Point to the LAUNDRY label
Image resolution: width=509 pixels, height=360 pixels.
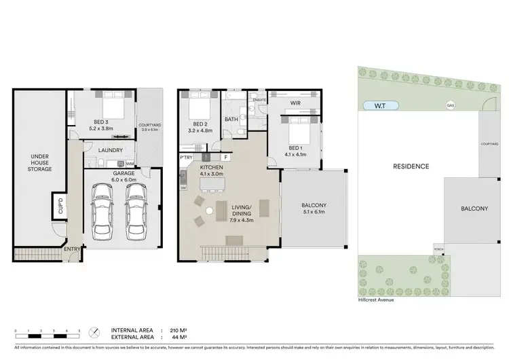[110, 150]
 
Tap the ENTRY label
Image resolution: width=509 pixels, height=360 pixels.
[73, 249]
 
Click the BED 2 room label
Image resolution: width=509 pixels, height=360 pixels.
[200, 124]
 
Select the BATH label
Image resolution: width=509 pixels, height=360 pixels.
[231, 120]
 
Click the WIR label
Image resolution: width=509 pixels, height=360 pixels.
[295, 103]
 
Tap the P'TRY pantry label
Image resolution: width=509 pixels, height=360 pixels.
[187, 158]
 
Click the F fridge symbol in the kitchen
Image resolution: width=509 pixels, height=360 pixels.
[225, 158]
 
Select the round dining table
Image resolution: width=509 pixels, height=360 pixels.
[209, 211]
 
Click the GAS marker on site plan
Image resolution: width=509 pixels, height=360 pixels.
[449, 105]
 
